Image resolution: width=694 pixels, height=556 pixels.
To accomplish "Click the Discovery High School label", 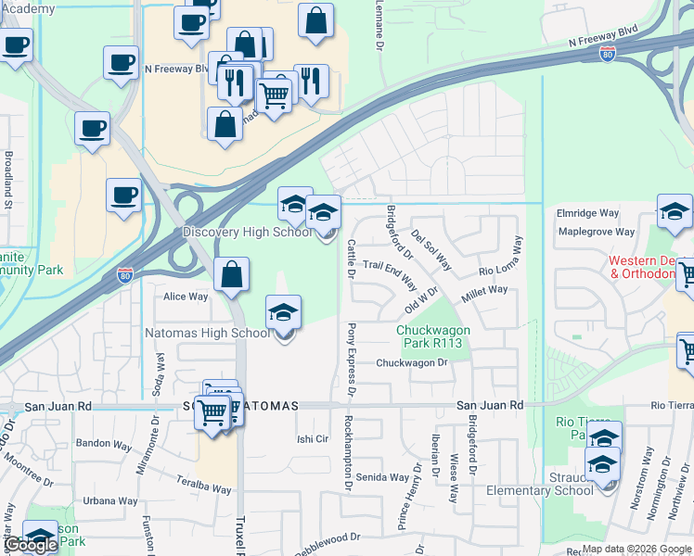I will click(x=247, y=233).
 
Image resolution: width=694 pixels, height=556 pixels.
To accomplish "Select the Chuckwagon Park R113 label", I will click(x=433, y=336).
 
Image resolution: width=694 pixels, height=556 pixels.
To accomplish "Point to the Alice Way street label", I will click(x=186, y=297).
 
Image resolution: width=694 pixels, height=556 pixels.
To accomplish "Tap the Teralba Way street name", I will click(x=203, y=484).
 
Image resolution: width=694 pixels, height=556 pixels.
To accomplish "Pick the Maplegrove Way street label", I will click(x=595, y=232).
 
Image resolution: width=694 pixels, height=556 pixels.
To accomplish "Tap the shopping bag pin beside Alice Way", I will click(x=231, y=275).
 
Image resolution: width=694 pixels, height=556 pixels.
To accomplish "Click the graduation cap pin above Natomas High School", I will click(x=284, y=312).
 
